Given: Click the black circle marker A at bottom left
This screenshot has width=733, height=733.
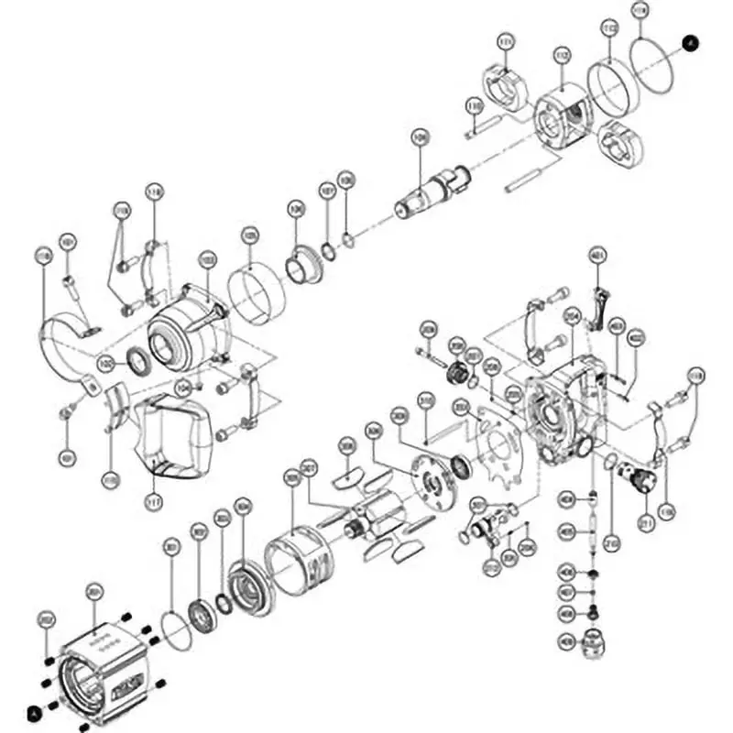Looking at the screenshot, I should tap(35, 710).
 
